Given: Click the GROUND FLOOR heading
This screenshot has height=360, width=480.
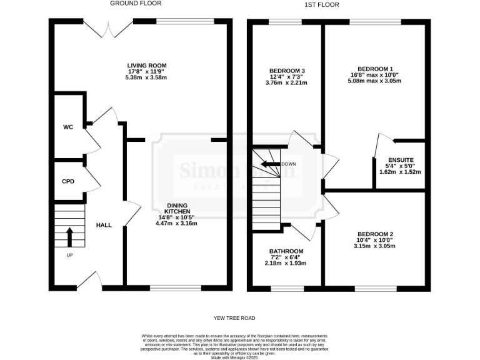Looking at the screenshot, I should (133, 3).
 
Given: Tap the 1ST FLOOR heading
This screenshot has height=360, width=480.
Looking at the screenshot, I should (322, 4).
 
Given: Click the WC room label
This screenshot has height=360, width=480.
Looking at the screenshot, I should (68, 127).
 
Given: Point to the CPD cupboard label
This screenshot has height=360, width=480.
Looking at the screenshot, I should (67, 182).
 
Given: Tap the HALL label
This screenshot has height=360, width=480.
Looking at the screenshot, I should (104, 224).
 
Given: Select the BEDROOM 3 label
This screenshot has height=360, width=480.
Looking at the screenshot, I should (287, 70).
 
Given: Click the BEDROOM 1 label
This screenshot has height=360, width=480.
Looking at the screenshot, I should (375, 69).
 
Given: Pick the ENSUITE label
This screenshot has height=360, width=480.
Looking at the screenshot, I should (400, 159).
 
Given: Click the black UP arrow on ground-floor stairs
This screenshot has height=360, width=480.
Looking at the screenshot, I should (69, 238).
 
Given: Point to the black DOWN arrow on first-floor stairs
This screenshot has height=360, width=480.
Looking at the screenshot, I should (269, 164).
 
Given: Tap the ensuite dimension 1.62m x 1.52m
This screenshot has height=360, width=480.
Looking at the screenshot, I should (400, 172).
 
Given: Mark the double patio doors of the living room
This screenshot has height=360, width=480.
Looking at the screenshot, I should (99, 28).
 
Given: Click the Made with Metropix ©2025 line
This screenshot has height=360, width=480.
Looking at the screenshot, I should (240, 357).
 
